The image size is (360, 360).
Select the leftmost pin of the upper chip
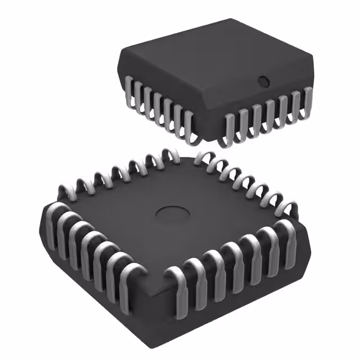click(x=129, y=91)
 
